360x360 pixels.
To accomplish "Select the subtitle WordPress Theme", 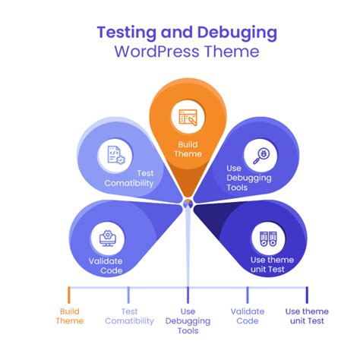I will tap(186, 52).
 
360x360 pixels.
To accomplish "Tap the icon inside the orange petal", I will tap(188, 117).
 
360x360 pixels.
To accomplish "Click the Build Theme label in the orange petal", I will tap(188, 149).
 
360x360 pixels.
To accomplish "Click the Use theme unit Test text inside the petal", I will tap(271, 265).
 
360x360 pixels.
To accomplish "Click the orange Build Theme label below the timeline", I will tap(69, 316).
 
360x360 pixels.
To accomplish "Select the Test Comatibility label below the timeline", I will tap(128, 316).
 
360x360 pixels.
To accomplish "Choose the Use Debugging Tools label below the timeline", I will tap(188, 321).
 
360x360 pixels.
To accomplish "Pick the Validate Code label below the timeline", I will tap(248, 316).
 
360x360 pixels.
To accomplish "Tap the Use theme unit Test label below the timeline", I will tap(307, 316).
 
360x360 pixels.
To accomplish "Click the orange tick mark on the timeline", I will tap(68, 294).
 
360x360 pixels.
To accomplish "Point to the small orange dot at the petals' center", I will tap(188, 202).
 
